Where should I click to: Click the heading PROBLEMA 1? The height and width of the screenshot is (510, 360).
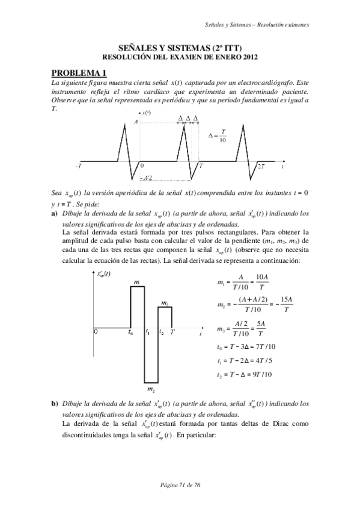point(79,73)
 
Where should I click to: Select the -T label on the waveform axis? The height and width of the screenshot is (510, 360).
point(79,165)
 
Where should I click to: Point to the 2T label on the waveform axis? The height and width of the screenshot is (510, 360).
point(261,165)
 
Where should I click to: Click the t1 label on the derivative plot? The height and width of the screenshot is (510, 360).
point(147,331)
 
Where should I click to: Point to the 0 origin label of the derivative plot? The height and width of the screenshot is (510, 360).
point(96,331)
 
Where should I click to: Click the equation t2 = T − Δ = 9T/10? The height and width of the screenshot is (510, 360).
point(245,374)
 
